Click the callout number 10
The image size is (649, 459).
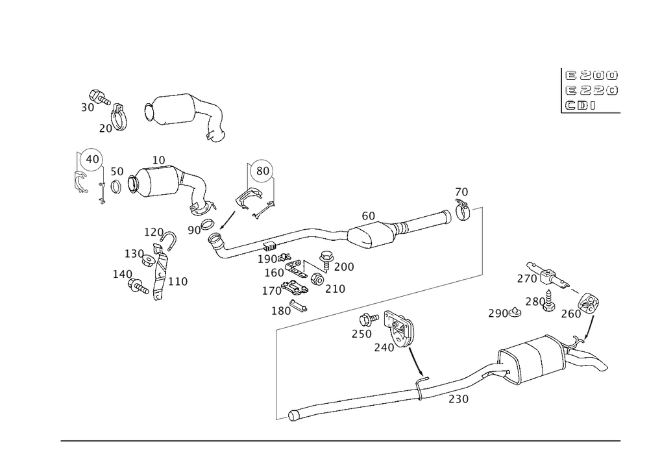tap(160, 158)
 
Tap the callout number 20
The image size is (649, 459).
tap(105, 129)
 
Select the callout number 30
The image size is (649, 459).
tap(87, 108)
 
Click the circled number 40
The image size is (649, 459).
tap(93, 158)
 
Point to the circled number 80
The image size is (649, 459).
tap(263, 172)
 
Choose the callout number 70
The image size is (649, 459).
tap(461, 192)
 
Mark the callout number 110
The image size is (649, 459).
tap(179, 282)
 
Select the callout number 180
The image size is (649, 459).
tap(284, 312)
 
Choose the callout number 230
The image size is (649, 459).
tap(458, 400)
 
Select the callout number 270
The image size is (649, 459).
tap(528, 280)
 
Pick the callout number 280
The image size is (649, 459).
tap(535, 303)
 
